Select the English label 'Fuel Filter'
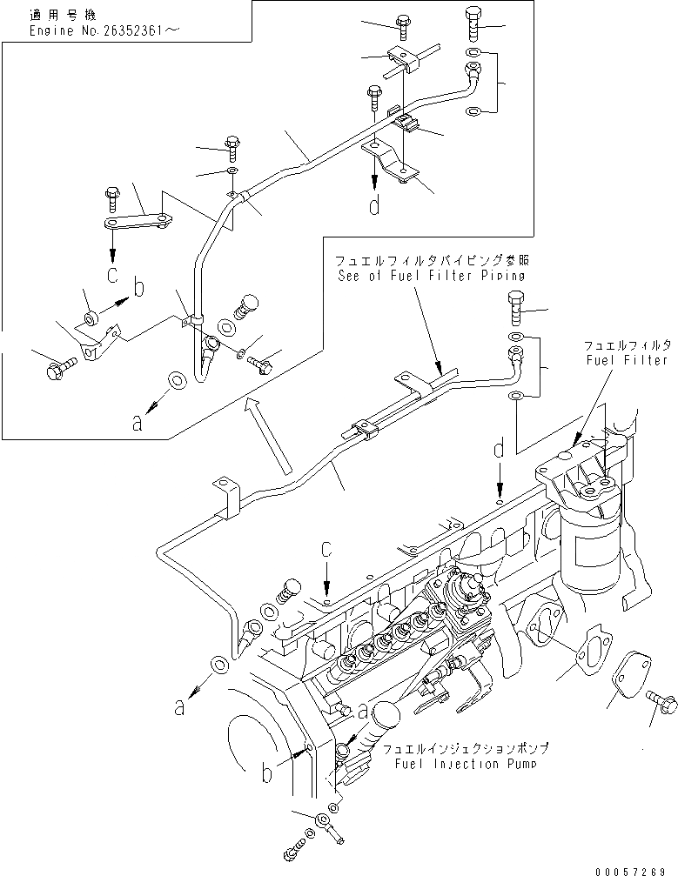click(x=626, y=359)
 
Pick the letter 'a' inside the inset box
click(x=138, y=425)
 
